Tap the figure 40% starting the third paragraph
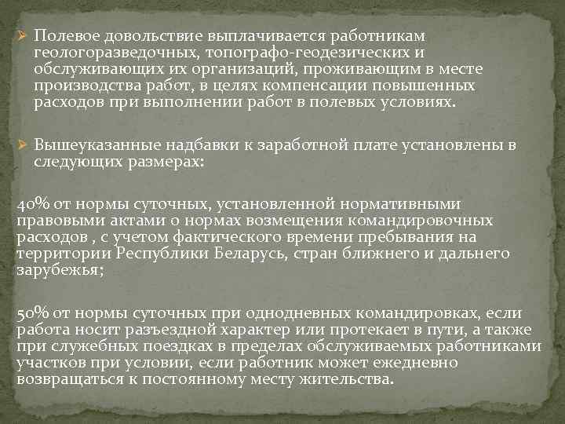tap(31, 205)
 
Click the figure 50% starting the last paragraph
tap(31, 313)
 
